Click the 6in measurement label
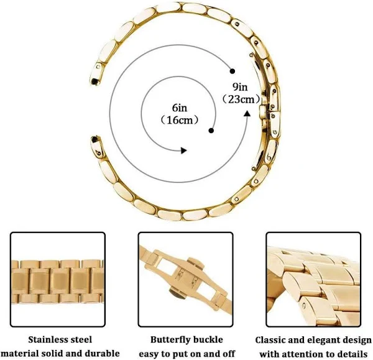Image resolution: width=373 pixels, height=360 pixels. pyautogui.click(x=180, y=108)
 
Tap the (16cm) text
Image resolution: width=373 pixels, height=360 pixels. pyautogui.click(x=180, y=120)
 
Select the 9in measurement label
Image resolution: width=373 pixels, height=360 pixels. pyautogui.click(x=240, y=87)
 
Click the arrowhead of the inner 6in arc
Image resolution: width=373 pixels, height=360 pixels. pyautogui.click(x=183, y=150)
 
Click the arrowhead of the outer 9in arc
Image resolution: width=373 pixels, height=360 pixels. pyautogui.click(x=247, y=114)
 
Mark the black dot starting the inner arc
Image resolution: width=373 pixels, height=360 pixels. pyautogui.click(x=211, y=131)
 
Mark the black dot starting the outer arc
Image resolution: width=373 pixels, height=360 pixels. pyautogui.click(x=233, y=71)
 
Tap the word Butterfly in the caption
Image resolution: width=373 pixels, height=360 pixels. pyautogui.click(x=168, y=339)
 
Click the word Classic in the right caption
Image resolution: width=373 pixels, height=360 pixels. pyautogui.click(x=270, y=340)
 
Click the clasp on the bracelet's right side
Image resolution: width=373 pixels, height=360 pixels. pyautogui.click(x=263, y=111)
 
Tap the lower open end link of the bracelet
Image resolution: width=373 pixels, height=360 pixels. pyautogui.click(x=98, y=146)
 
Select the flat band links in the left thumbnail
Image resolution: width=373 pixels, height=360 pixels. pyautogui.click(x=58, y=282)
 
